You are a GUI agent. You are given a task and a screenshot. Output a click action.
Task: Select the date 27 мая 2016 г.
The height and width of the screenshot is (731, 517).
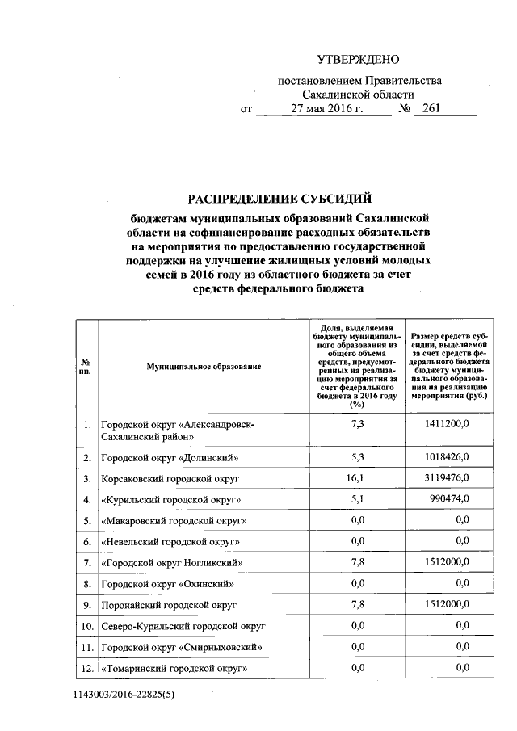click(x=328, y=109)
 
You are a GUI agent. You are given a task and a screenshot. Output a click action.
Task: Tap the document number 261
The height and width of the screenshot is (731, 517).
click(x=431, y=109)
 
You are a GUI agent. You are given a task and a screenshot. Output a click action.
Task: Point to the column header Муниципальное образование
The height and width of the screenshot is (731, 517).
click(x=204, y=367)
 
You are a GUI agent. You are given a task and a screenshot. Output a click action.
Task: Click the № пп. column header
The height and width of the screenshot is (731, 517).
click(x=86, y=367)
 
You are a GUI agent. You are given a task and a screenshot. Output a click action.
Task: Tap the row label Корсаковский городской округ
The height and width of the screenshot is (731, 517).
click(x=168, y=479)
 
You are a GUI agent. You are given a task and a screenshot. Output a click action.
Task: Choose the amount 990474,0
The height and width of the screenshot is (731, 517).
click(x=450, y=500)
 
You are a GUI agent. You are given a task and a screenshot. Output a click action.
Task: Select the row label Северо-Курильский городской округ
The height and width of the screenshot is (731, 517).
click(x=183, y=624)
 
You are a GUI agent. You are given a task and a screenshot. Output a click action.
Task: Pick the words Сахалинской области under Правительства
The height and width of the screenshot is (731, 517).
click(x=359, y=95)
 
